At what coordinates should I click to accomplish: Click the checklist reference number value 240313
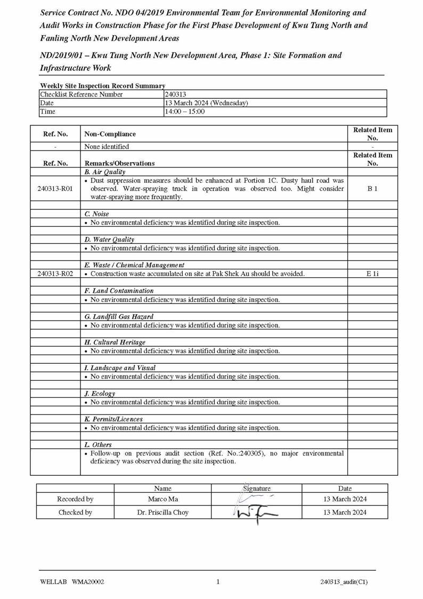[175, 94]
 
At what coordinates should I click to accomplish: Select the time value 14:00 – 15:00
[184, 111]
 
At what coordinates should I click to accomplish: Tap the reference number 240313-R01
[55, 188]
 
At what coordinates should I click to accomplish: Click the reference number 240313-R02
[55, 274]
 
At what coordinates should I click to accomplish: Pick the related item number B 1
[372, 188]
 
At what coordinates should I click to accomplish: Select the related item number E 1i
[372, 274]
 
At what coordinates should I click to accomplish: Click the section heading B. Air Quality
[105, 172]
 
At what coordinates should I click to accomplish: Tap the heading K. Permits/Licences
[113, 419]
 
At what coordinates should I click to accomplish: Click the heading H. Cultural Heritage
[115, 342]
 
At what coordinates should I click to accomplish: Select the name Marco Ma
[163, 499]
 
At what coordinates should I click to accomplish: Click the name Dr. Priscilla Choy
[163, 513]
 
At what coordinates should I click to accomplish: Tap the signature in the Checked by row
[256, 514]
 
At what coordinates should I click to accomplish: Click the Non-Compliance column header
[110, 134]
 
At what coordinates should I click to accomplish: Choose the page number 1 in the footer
[218, 582]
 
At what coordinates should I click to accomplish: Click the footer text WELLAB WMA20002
[72, 582]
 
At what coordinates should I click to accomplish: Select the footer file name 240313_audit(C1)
[344, 582]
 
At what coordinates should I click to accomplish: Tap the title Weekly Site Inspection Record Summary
[102, 86]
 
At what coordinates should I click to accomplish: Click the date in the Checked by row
[345, 513]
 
